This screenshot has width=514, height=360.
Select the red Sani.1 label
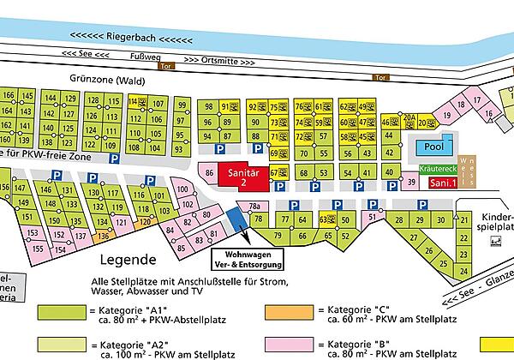[443, 183]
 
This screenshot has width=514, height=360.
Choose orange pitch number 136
[102, 236]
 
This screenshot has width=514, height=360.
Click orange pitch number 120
[144, 222]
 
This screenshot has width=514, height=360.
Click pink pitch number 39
[411, 183]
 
